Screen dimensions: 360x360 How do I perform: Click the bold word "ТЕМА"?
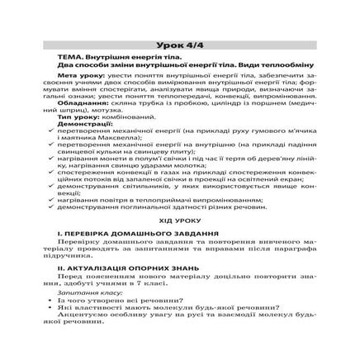pos(79,53)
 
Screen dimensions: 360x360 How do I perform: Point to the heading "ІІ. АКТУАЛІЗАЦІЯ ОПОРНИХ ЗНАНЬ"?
pos(129,268)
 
